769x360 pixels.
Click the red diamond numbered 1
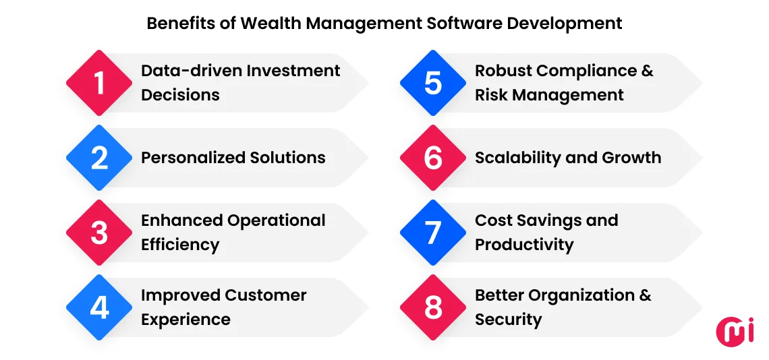99,83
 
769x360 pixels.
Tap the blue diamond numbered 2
99,158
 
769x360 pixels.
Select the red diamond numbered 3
99,233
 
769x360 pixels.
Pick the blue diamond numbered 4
99,307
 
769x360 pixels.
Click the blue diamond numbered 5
433,83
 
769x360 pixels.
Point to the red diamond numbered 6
433,158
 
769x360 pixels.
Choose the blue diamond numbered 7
433,233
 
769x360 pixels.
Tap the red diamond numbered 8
433,307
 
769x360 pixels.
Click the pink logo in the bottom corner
735,332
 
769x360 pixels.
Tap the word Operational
277,220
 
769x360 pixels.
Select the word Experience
186,320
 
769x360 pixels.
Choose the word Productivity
524,245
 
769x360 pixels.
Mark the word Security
508,320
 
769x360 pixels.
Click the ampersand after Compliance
647,71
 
